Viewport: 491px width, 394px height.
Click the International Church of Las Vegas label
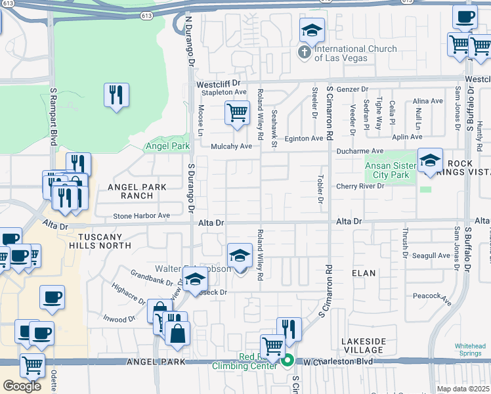tap(355, 53)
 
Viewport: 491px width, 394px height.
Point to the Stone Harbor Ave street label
tap(141, 215)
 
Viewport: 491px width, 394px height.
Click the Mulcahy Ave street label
tap(231, 146)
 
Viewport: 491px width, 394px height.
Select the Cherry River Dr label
tap(360, 186)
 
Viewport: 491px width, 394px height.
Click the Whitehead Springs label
tap(470, 349)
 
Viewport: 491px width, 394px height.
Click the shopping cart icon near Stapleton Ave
tap(237, 112)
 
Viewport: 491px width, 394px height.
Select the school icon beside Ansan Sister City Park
tap(430, 161)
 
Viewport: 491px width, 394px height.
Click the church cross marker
tap(305, 52)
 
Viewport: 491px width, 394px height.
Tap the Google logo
tap(22, 385)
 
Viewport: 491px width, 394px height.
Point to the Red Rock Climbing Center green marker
tap(288, 361)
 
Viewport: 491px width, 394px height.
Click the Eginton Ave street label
tap(303, 139)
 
